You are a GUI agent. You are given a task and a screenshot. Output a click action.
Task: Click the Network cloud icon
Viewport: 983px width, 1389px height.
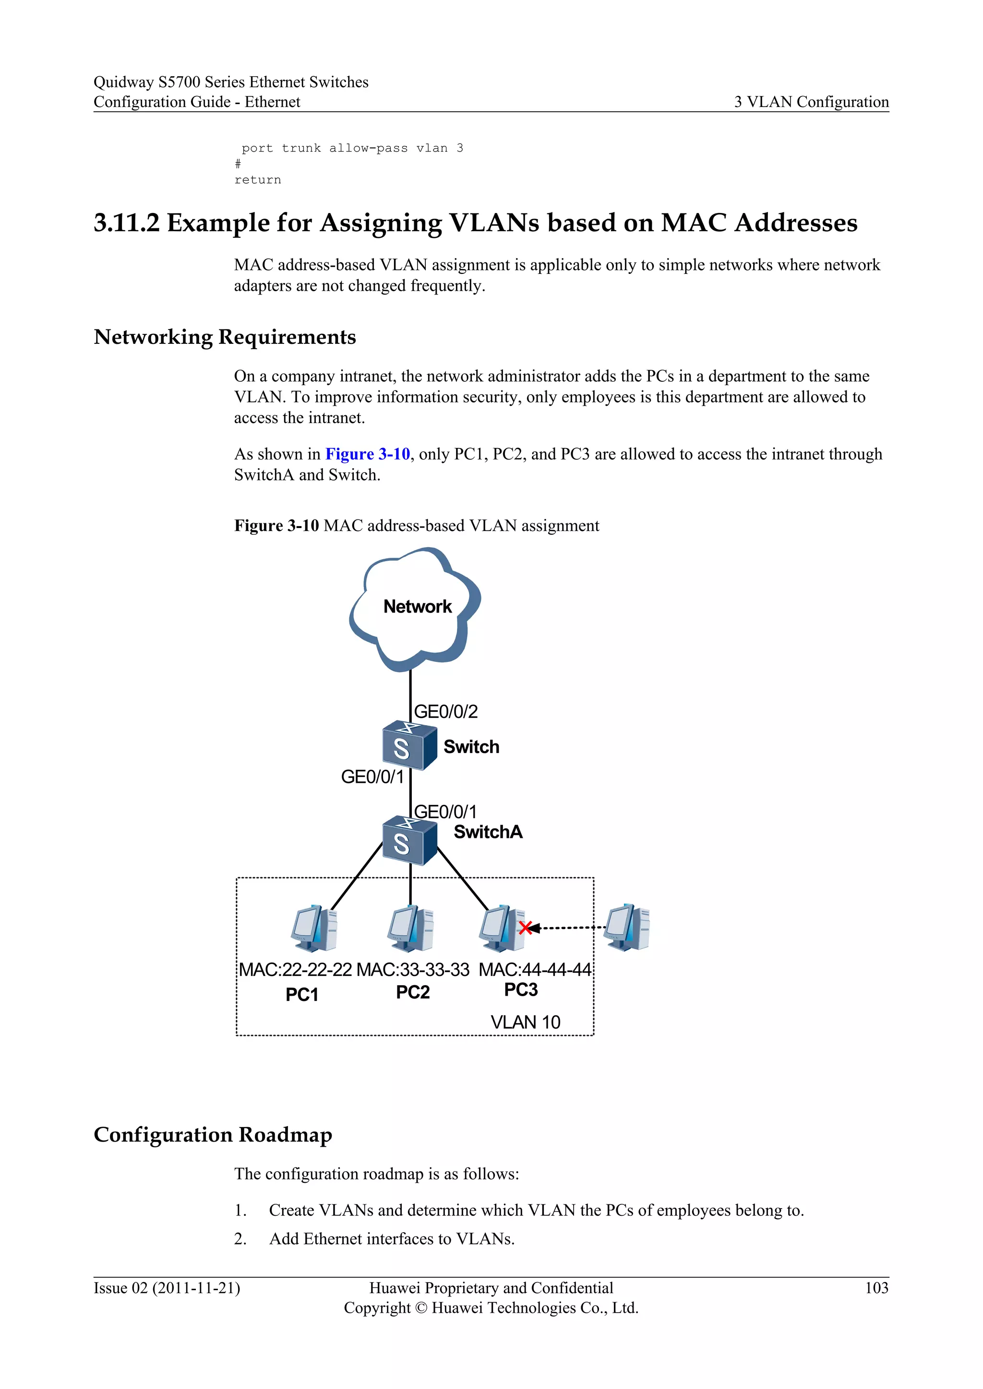415,608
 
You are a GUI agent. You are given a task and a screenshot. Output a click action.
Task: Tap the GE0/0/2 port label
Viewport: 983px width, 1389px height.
445,711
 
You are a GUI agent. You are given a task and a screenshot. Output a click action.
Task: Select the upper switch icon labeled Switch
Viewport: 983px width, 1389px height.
409,745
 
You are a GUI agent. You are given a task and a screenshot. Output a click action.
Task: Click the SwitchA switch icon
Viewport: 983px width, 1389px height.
409,841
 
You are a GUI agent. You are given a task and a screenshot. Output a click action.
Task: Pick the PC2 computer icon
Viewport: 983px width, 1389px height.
410,928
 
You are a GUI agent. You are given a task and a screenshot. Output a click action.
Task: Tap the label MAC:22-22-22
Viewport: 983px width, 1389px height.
295,970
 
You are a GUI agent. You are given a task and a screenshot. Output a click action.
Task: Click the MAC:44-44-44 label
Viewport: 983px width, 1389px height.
535,970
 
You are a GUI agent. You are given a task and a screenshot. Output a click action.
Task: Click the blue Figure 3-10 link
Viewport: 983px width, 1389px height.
367,454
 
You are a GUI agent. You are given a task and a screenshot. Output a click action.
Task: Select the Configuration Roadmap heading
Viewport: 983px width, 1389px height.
213,1134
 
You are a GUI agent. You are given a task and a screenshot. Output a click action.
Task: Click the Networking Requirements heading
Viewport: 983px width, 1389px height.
225,337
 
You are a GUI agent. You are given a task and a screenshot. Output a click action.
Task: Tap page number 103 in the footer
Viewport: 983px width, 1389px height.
876,1288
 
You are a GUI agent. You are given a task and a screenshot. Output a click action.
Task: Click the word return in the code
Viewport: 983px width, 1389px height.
258,180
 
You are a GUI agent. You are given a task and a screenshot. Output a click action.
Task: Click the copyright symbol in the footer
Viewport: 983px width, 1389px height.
420,1308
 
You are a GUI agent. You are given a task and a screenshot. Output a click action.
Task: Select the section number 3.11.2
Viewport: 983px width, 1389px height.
127,223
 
